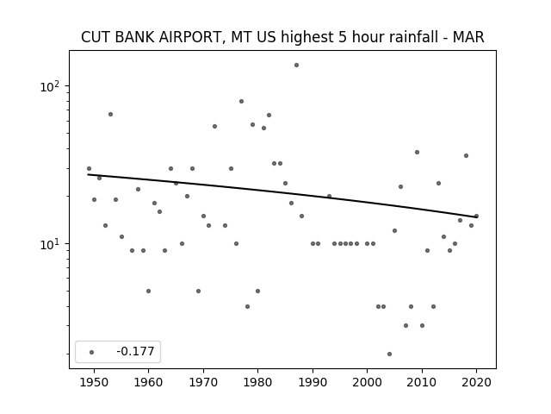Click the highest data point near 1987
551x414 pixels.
pos(296,66)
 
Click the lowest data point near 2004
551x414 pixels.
pos(389,354)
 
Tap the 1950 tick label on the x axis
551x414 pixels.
pos(94,382)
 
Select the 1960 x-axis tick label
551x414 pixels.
pos(148,382)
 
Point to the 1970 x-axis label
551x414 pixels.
pos(203,382)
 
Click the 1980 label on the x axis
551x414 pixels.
pos(257,382)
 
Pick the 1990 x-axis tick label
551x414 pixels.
pos(313,382)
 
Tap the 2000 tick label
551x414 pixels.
pos(367,382)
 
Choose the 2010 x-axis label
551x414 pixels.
pos(422,382)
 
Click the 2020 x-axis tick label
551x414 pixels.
pos(476,382)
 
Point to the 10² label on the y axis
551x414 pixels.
pos(50,86)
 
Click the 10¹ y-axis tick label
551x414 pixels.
pos(50,243)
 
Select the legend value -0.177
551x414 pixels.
pos(135,351)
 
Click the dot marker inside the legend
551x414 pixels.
pos(92,352)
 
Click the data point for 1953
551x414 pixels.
pos(110,115)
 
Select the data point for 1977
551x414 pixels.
pos(241,102)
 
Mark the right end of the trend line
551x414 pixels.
pos(476,217)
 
